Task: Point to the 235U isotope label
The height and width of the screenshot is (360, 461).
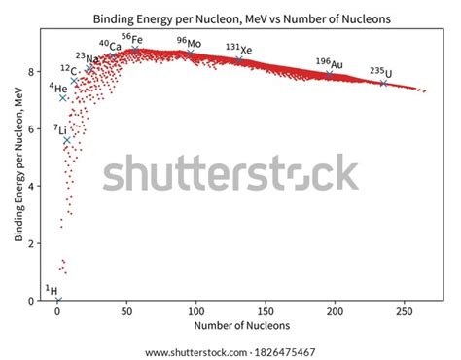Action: click(381, 72)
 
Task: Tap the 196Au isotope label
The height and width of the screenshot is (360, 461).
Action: click(329, 62)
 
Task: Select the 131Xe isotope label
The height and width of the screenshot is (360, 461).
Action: click(238, 48)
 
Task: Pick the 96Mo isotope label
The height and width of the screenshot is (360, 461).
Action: click(190, 42)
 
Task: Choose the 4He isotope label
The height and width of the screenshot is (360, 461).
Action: click(57, 88)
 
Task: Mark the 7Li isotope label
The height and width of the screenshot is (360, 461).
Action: click(60, 129)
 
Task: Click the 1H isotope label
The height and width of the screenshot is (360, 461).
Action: click(52, 290)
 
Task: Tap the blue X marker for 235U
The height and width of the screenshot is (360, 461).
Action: click(383, 84)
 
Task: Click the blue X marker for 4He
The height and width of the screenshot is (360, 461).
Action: click(63, 97)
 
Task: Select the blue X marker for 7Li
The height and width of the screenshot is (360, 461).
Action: click(67, 140)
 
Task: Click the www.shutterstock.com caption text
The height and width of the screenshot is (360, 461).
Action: click(230, 351)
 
